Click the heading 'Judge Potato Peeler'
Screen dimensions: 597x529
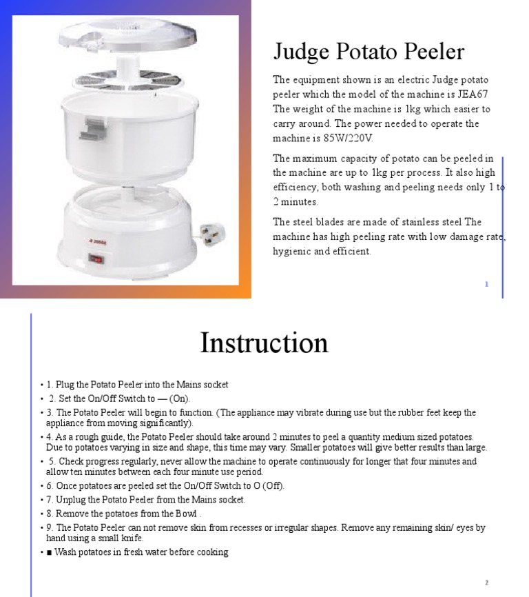click(369, 52)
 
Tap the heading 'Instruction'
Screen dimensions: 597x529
click(264, 343)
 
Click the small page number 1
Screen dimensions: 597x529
click(486, 284)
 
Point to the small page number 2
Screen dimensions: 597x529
click(486, 583)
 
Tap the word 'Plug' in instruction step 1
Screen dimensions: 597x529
click(63, 385)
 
